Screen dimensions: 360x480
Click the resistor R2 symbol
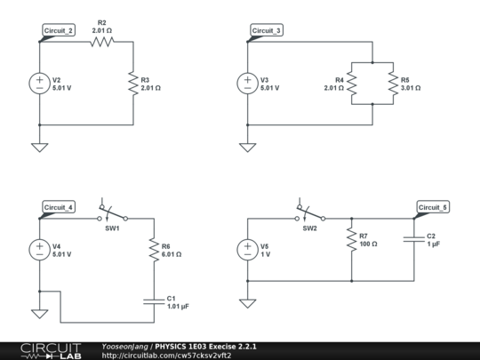101,40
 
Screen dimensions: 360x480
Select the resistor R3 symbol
133,83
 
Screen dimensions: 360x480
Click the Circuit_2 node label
59,30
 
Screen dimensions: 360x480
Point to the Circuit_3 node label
266,30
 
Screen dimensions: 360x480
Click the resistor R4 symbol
352,83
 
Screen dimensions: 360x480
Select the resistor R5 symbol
392,83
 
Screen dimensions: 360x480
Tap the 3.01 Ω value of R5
411,88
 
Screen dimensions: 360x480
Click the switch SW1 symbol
112,213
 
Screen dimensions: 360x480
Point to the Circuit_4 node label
59,207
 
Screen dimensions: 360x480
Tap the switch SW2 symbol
309,213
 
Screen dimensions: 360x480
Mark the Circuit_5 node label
434,207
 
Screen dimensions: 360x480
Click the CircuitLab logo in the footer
51,350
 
